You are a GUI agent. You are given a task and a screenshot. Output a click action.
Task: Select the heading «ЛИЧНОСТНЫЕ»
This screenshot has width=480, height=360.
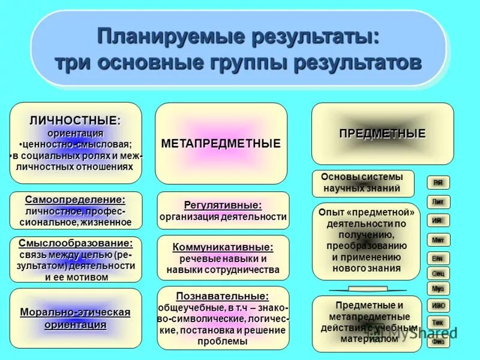click(74, 120)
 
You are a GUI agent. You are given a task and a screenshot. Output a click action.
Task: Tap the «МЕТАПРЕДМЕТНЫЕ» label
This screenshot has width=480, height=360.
click(221, 144)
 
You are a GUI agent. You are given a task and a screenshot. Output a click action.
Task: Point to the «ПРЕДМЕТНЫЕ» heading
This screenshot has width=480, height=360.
click(382, 133)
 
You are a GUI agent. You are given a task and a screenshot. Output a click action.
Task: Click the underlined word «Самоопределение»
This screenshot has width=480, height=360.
click(76, 200)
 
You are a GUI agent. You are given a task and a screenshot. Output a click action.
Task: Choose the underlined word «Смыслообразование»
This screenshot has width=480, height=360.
click(76, 244)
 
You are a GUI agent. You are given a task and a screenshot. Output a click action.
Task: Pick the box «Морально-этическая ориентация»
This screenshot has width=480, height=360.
click(76, 319)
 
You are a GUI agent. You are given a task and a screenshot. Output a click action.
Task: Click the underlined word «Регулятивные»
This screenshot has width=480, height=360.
click(223, 205)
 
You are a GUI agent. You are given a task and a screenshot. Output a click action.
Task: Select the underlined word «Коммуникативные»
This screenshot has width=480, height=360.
click(223, 247)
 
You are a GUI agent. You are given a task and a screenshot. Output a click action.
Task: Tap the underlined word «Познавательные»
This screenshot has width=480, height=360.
click(223, 296)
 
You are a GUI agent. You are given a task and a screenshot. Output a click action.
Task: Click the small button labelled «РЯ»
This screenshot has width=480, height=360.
click(438, 182)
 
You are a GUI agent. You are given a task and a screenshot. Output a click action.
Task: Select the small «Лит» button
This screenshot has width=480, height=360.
click(438, 202)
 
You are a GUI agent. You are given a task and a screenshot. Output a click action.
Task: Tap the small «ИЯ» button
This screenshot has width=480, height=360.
click(438, 220)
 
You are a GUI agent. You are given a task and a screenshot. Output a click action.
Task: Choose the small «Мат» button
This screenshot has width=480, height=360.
click(438, 240)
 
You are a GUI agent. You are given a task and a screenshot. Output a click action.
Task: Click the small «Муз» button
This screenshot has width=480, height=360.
click(438, 289)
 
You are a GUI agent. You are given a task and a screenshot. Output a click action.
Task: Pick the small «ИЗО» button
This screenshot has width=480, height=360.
click(438, 305)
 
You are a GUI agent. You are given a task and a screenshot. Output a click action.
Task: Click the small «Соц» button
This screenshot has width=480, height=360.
click(438, 273)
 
